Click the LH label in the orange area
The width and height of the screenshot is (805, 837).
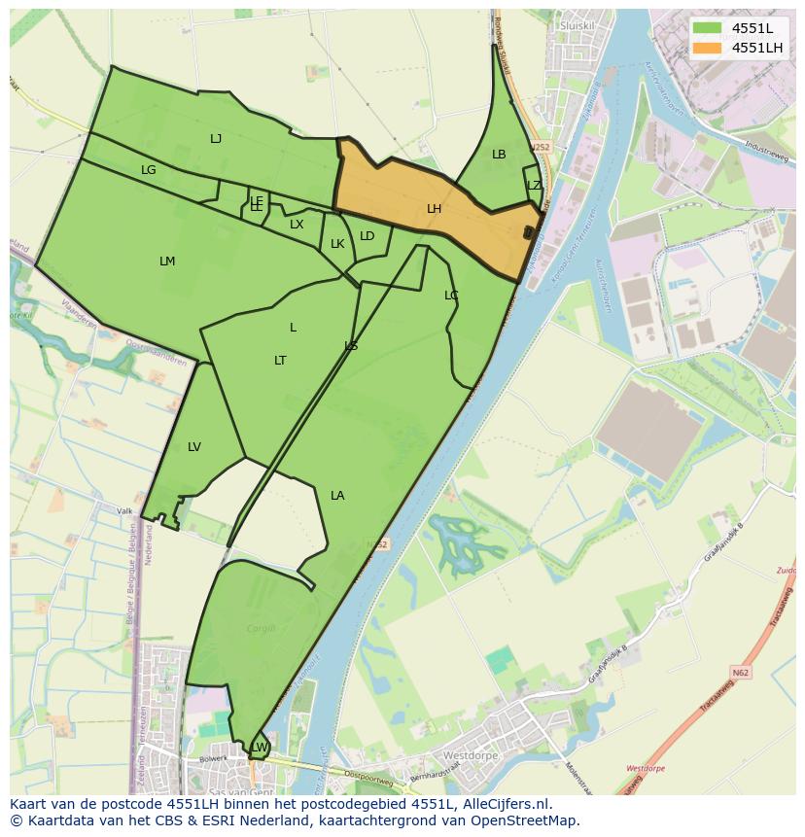(434, 209)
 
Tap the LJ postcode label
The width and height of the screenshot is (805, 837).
(216, 139)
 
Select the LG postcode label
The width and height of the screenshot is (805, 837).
(148, 170)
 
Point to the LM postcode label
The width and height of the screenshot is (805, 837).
(167, 262)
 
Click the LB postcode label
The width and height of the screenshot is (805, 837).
(499, 155)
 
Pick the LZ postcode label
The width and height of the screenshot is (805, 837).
(534, 186)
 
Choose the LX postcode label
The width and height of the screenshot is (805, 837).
(297, 225)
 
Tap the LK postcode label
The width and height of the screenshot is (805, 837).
(337, 244)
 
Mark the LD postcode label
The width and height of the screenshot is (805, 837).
(367, 236)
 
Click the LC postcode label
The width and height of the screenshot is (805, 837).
(451, 296)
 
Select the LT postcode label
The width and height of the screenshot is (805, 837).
(280, 361)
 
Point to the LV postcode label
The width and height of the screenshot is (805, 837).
(194, 447)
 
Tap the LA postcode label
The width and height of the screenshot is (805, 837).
(337, 496)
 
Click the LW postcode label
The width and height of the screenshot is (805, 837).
(260, 747)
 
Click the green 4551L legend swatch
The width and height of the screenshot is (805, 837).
(708, 27)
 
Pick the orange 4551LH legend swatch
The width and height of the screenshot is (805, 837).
(708, 48)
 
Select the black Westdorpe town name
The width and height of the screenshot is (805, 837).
(471, 755)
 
